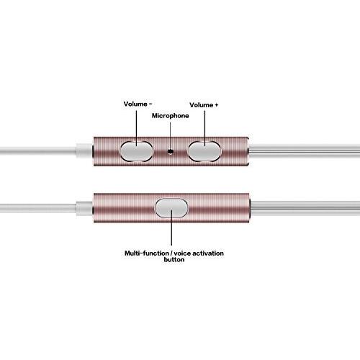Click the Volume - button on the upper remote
[x=136, y=151]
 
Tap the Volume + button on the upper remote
[x=204, y=151]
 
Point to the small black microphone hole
[x=171, y=152]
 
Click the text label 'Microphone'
[x=171, y=116]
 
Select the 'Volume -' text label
[x=138, y=104]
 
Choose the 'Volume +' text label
[x=204, y=105]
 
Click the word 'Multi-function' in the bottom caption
[x=147, y=253]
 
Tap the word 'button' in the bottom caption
[x=174, y=259]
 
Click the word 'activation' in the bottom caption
[x=208, y=253]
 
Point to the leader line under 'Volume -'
[x=137, y=128]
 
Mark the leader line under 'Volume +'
[x=204, y=128]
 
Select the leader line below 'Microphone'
[x=171, y=135]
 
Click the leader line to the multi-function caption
[x=171, y=228]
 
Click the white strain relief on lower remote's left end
[x=84, y=208]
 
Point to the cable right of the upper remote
[x=305, y=151]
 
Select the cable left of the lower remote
[x=38, y=208]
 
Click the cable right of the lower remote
[x=305, y=208]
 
